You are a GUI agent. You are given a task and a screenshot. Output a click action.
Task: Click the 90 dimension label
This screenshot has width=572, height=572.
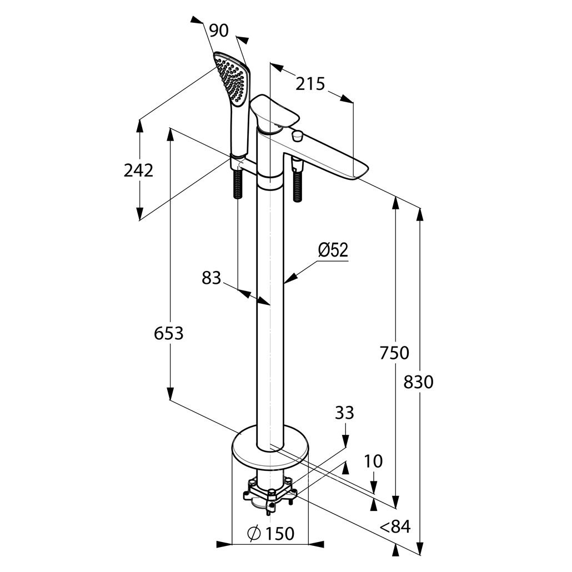pyautogui.click(x=219, y=31)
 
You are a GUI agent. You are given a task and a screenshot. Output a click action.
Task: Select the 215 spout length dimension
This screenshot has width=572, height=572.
pyautogui.click(x=310, y=84)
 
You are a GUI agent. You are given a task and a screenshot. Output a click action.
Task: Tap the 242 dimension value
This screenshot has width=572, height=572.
pyautogui.click(x=138, y=170)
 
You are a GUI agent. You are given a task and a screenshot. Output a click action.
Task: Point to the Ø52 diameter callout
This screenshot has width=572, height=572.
pyautogui.click(x=333, y=250)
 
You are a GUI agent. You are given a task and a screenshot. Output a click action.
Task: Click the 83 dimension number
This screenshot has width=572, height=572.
pyautogui.click(x=212, y=278)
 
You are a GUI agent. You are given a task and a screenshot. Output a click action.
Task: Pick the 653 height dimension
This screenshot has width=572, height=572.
pyautogui.click(x=168, y=333)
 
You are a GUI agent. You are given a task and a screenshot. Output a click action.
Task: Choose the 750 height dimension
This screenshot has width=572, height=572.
pyautogui.click(x=395, y=353)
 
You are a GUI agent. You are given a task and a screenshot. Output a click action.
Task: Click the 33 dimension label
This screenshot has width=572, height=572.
pyautogui.click(x=344, y=413)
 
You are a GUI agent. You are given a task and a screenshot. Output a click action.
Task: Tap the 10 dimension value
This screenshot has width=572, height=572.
pyautogui.click(x=374, y=461)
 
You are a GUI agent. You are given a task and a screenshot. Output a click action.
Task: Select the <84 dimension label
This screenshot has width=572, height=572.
pyautogui.click(x=395, y=526)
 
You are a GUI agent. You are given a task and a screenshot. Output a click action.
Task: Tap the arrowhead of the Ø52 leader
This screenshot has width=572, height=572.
pyautogui.click(x=288, y=281)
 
